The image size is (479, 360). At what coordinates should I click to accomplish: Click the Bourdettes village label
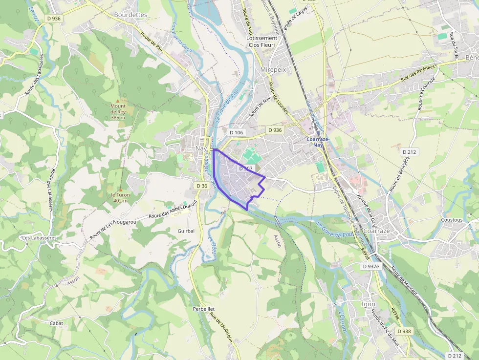click(131, 15)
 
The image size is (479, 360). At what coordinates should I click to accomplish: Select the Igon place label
click(368, 304)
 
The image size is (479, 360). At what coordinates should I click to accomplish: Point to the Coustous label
click(452, 220)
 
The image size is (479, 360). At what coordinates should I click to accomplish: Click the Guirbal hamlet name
click(186, 231)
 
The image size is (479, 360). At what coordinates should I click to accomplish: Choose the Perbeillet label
click(203, 309)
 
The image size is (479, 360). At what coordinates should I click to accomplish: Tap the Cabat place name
click(56, 323)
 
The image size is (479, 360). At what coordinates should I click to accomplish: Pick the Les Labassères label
click(39, 237)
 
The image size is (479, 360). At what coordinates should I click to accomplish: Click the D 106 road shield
click(236, 132)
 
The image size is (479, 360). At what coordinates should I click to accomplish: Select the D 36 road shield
click(202, 186)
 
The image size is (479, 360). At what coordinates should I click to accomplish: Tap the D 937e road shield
click(371, 266)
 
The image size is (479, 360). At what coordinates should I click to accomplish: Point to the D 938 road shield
click(404, 331)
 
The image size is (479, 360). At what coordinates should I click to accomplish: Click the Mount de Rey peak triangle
click(118, 100)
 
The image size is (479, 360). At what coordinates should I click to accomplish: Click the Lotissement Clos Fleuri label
click(261, 42)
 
